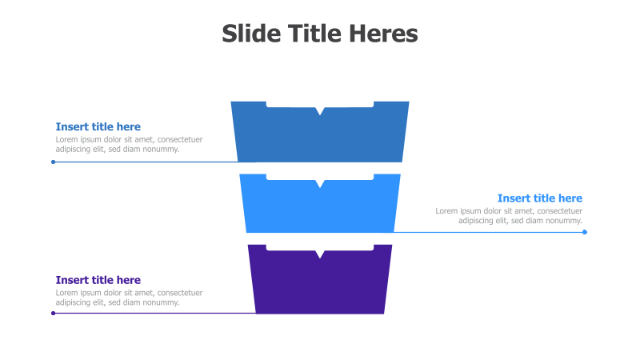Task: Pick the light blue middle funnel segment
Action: pos(320,208)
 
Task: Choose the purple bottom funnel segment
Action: pos(320,284)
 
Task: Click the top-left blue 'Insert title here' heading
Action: pos(98,126)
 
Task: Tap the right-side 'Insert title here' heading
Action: pos(540,198)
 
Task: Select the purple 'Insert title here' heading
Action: pos(98,280)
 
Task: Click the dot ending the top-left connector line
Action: pos(53,162)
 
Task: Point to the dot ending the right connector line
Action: pos(585,232)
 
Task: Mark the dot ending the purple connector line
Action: pos(53,314)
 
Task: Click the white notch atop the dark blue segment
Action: pos(320,107)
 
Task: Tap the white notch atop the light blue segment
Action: pos(320,180)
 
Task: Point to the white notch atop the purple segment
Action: pos(320,251)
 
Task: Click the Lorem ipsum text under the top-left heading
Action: pos(129,144)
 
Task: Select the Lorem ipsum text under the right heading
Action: pos(509,216)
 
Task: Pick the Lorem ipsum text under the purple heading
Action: pos(129,298)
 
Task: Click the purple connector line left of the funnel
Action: pos(152,314)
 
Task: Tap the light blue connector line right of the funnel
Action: pos(488,232)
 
